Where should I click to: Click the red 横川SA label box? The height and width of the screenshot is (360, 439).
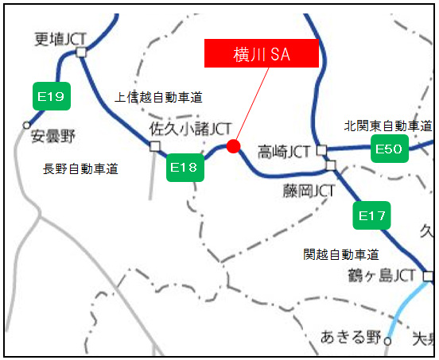(262, 53)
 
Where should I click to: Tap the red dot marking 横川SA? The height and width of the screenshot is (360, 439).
(233, 145)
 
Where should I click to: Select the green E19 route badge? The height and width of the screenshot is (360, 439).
(52, 97)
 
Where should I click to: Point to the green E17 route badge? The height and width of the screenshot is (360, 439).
(371, 215)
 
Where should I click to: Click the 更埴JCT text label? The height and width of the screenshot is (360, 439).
(60, 37)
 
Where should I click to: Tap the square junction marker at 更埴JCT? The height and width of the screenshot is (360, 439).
(81, 53)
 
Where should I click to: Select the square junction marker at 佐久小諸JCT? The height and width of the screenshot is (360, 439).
(154, 145)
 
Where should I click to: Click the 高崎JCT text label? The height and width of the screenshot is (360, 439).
(283, 150)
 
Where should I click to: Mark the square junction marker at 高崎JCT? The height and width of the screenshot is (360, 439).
(321, 149)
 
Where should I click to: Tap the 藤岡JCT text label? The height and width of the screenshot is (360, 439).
(309, 191)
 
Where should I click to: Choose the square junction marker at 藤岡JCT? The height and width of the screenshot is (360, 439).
(331, 165)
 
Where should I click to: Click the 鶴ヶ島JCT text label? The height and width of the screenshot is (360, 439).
(382, 275)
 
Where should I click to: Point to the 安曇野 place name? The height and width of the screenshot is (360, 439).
(52, 136)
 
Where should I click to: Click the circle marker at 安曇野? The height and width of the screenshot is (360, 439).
(26, 125)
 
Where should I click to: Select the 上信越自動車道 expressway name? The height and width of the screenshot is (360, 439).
(159, 98)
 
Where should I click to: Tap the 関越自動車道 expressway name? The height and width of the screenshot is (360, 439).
(340, 254)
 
